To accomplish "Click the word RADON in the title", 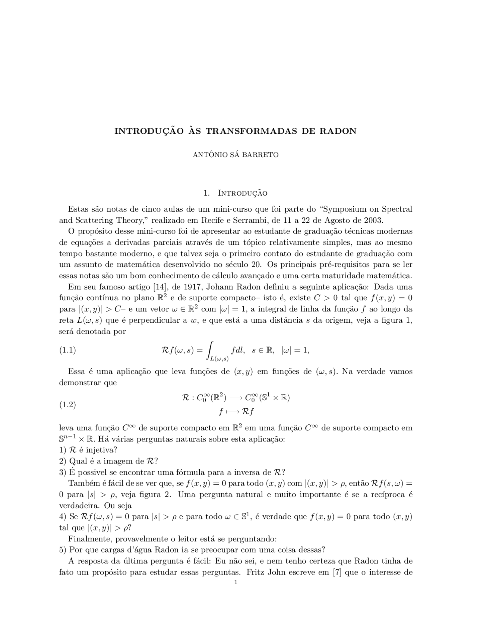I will [339, 131].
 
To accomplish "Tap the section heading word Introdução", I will [242, 193].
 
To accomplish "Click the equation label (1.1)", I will [67, 350].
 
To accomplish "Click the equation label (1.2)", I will [67, 405].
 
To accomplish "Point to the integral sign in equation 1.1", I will [210, 350].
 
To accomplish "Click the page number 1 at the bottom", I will [236, 582].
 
